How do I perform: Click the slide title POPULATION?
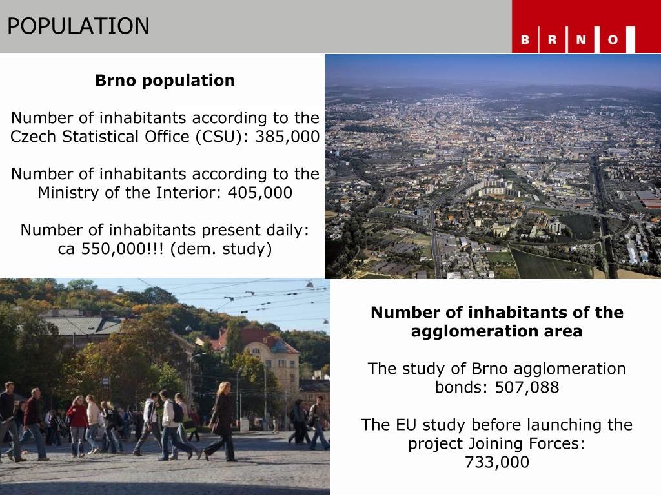pyautogui.click(x=78, y=26)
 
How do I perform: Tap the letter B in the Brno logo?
pyautogui.click(x=525, y=40)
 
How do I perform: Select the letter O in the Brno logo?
pyautogui.click(x=612, y=40)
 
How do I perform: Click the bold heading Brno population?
pyautogui.click(x=165, y=81)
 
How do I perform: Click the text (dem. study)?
pyautogui.click(x=221, y=249)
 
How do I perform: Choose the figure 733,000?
pyautogui.click(x=496, y=462)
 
